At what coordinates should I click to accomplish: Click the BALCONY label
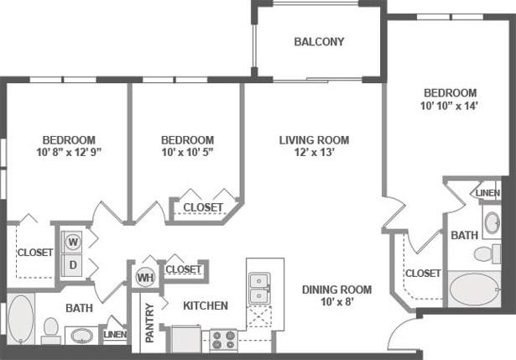pyautogui.click(x=319, y=42)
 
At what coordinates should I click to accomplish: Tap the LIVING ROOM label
pyautogui.click(x=314, y=140)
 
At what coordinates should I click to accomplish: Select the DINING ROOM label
pyautogui.click(x=336, y=290)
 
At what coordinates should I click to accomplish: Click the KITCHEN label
pyautogui.click(x=206, y=306)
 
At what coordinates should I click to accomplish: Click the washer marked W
pyautogui.click(x=73, y=243)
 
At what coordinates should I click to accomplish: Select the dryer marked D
pyautogui.click(x=73, y=265)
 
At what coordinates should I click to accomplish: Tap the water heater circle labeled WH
pyautogui.click(x=146, y=277)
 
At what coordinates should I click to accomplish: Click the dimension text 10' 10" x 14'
pyautogui.click(x=450, y=107)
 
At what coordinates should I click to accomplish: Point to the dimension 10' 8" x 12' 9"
pyautogui.click(x=70, y=153)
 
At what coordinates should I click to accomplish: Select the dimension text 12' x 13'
pyautogui.click(x=314, y=154)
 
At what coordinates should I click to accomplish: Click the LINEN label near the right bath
pyautogui.click(x=487, y=193)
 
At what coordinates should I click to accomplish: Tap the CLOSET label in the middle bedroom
pyautogui.click(x=203, y=207)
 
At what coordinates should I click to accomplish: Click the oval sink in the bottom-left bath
pyautogui.click(x=81, y=336)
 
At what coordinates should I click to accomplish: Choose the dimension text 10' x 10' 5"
pyautogui.click(x=187, y=153)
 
